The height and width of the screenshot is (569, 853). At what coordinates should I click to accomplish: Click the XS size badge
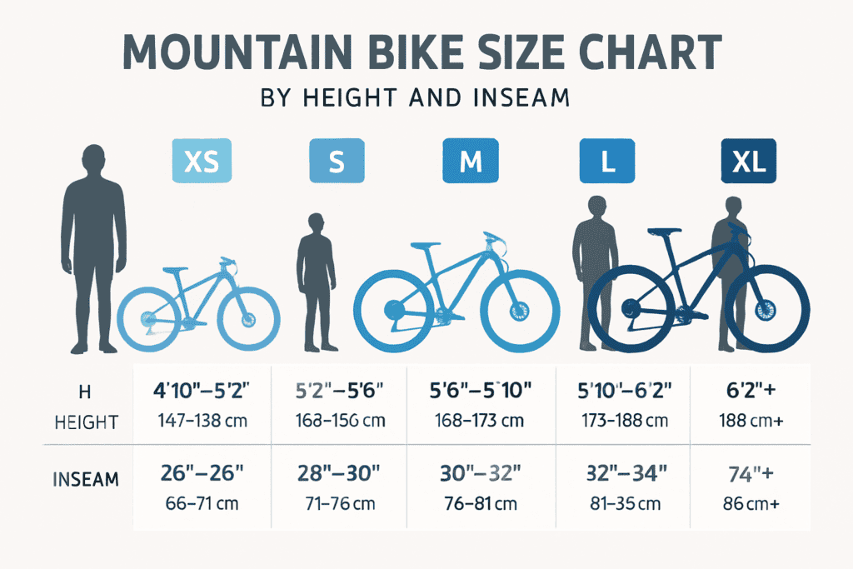pyautogui.click(x=200, y=161)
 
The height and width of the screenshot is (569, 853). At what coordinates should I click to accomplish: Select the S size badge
pyautogui.click(x=337, y=161)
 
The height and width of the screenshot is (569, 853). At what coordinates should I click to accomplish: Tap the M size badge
pyautogui.click(x=470, y=161)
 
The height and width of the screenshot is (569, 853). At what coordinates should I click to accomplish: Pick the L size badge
pyautogui.click(x=607, y=161)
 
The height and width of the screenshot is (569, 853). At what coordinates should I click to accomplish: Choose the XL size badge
pyautogui.click(x=747, y=161)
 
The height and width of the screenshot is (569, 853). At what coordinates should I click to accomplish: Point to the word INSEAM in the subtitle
pyautogui.click(x=517, y=98)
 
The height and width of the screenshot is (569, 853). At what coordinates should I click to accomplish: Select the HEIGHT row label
pyautogui.click(x=87, y=422)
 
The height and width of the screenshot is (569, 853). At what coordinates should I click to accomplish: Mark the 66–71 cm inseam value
pyautogui.click(x=202, y=504)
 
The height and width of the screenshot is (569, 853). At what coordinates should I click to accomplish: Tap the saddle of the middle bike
pyautogui.click(x=426, y=246)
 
